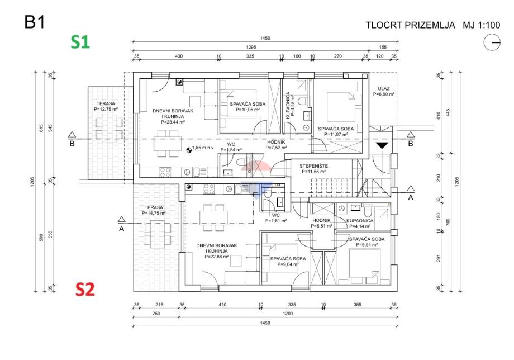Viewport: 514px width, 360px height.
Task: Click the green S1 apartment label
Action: point(80,42)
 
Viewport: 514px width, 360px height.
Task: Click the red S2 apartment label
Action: point(85,289)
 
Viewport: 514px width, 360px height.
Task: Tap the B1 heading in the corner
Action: point(35,22)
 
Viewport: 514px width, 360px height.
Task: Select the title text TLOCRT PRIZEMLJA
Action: point(410,25)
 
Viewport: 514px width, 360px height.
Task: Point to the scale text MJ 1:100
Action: point(481,25)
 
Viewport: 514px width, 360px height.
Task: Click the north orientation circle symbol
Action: point(492,42)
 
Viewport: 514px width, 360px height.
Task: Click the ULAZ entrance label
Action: point(383,88)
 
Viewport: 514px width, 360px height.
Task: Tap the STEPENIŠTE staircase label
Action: point(313,166)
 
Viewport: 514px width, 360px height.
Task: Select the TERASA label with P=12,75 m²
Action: point(106,103)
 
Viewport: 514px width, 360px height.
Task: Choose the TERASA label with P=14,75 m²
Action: point(154,207)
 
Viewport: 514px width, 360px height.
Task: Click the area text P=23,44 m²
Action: point(173,122)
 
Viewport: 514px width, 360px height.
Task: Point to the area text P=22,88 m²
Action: point(216,257)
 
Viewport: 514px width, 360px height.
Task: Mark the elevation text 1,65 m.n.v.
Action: point(203,148)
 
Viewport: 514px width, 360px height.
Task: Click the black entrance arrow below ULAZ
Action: point(382,145)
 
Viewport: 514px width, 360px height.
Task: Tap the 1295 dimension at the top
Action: point(251,47)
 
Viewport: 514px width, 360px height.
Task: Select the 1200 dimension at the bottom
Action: point(288,314)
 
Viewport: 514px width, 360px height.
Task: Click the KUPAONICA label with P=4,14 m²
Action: point(360,221)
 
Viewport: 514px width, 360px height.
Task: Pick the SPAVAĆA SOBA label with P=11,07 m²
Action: point(336,129)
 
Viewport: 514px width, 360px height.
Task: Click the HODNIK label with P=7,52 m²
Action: point(276,143)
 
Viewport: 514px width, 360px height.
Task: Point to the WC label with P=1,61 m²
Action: point(275,215)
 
